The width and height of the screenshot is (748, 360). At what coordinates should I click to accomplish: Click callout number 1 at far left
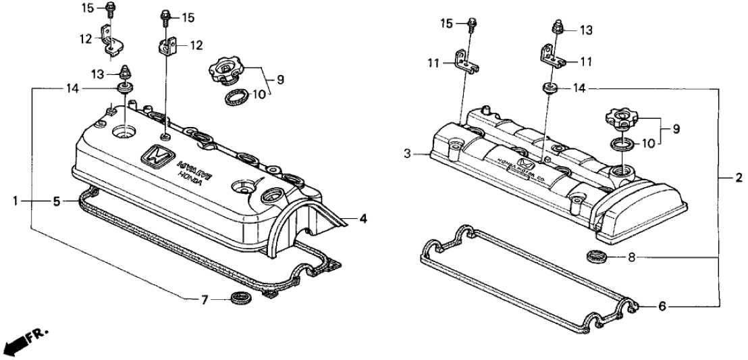[x=15, y=201]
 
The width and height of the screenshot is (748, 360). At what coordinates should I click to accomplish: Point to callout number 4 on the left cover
[x=363, y=218]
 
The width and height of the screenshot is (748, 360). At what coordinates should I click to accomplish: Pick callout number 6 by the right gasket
[x=662, y=306]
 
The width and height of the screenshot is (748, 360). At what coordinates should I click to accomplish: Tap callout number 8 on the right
[x=631, y=257]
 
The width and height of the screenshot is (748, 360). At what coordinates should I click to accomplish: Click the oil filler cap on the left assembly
[x=227, y=70]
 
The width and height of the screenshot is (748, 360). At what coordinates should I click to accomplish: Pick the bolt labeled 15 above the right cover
[x=471, y=24]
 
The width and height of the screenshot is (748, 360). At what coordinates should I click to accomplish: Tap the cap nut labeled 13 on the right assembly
[x=558, y=29]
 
